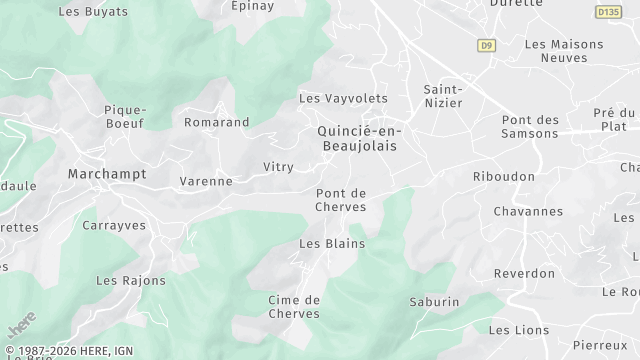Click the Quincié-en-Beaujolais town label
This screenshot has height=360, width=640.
pos(356,138)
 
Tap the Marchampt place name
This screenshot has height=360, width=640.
pos(106,174)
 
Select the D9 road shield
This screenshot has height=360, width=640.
pos(487,45)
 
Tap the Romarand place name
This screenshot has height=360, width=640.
pos(216,122)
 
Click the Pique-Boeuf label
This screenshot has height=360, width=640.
pos(125,116)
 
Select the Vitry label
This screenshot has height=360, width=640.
pos(278,166)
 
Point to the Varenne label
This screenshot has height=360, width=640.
pos(205,181)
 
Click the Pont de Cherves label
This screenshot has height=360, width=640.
pos(341,200)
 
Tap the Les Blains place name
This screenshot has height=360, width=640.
pos(332,243)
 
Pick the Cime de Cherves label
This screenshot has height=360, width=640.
pos(294,306)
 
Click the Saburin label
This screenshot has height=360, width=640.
pos(434,301)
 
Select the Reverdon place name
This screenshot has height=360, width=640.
pos(525,273)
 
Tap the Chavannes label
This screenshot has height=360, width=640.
pos(528,211)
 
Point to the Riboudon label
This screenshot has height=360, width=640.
pos(503,176)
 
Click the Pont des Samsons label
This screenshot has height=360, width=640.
pos(530,127)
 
